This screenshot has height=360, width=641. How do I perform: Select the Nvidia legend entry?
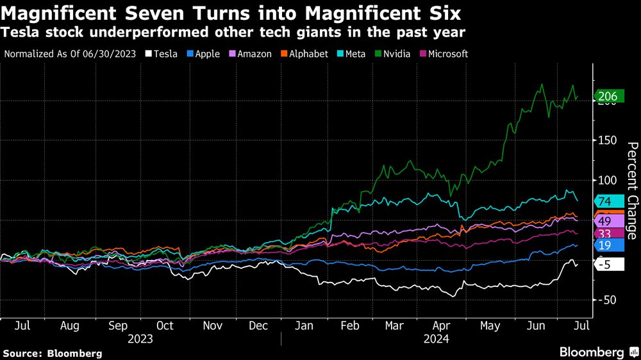tap(396, 54)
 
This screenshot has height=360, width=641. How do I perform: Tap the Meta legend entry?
tap(351, 54)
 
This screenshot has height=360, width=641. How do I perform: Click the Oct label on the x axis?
tap(165, 325)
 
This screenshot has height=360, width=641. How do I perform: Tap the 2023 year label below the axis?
tap(140, 338)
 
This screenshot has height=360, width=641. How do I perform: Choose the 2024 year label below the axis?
tap(436, 338)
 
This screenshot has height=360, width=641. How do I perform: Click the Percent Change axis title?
tap(631, 190)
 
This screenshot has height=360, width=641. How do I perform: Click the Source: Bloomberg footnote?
tap(53, 353)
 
